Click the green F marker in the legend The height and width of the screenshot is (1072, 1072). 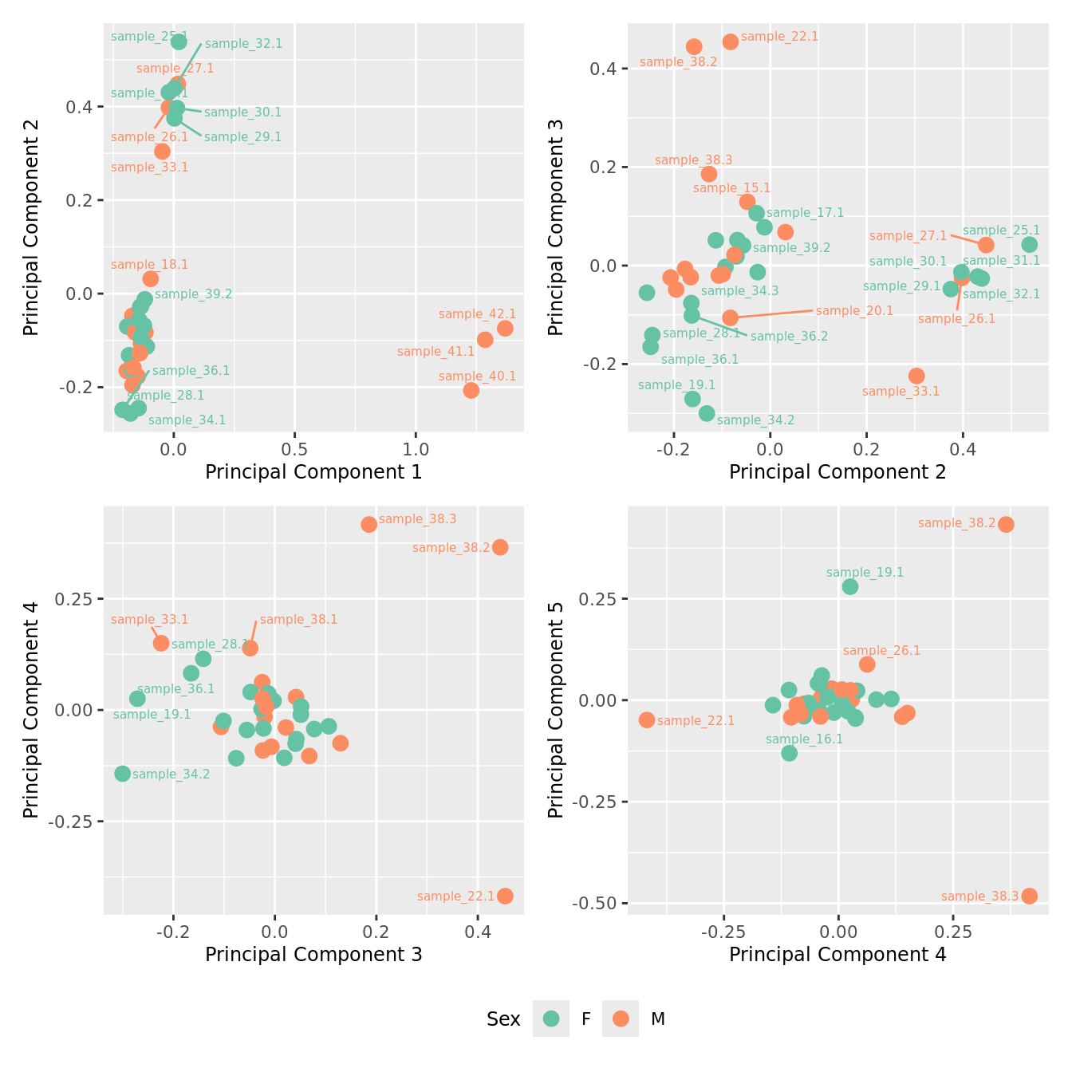click(551, 1019)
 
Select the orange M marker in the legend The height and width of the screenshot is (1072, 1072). click(621, 1019)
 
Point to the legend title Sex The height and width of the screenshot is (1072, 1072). click(503, 1019)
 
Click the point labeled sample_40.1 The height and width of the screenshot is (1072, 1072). click(471, 390)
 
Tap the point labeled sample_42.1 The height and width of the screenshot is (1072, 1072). click(505, 329)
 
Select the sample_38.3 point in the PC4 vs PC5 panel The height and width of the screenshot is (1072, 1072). click(1030, 896)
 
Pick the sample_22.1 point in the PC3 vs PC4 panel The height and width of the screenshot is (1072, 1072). click(505, 896)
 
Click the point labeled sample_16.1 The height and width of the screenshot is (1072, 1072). click(789, 753)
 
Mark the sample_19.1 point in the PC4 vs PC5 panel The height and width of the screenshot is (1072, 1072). click(850, 586)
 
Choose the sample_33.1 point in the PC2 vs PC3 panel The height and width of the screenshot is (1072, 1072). click(916, 376)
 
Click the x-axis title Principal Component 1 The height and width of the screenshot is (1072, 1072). click(313, 472)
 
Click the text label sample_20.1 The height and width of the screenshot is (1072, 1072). click(854, 311)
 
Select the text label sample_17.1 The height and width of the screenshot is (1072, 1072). click(805, 213)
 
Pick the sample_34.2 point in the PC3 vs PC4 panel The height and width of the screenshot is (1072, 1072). click(122, 774)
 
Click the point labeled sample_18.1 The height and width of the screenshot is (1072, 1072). click(151, 278)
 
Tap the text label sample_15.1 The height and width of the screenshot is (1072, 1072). click(731, 188)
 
